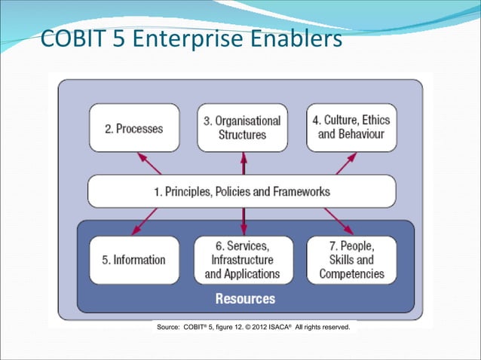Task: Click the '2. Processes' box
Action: [x=134, y=128]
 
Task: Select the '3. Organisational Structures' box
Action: [x=242, y=128]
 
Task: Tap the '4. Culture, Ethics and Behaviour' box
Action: [x=351, y=128]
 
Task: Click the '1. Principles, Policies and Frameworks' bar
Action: [x=241, y=191]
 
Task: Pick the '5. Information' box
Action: [x=134, y=260]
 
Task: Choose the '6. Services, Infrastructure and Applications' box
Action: [x=242, y=260]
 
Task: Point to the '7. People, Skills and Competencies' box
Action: [x=351, y=260]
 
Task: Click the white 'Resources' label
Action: [x=245, y=299]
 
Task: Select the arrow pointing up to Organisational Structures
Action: [x=243, y=163]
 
